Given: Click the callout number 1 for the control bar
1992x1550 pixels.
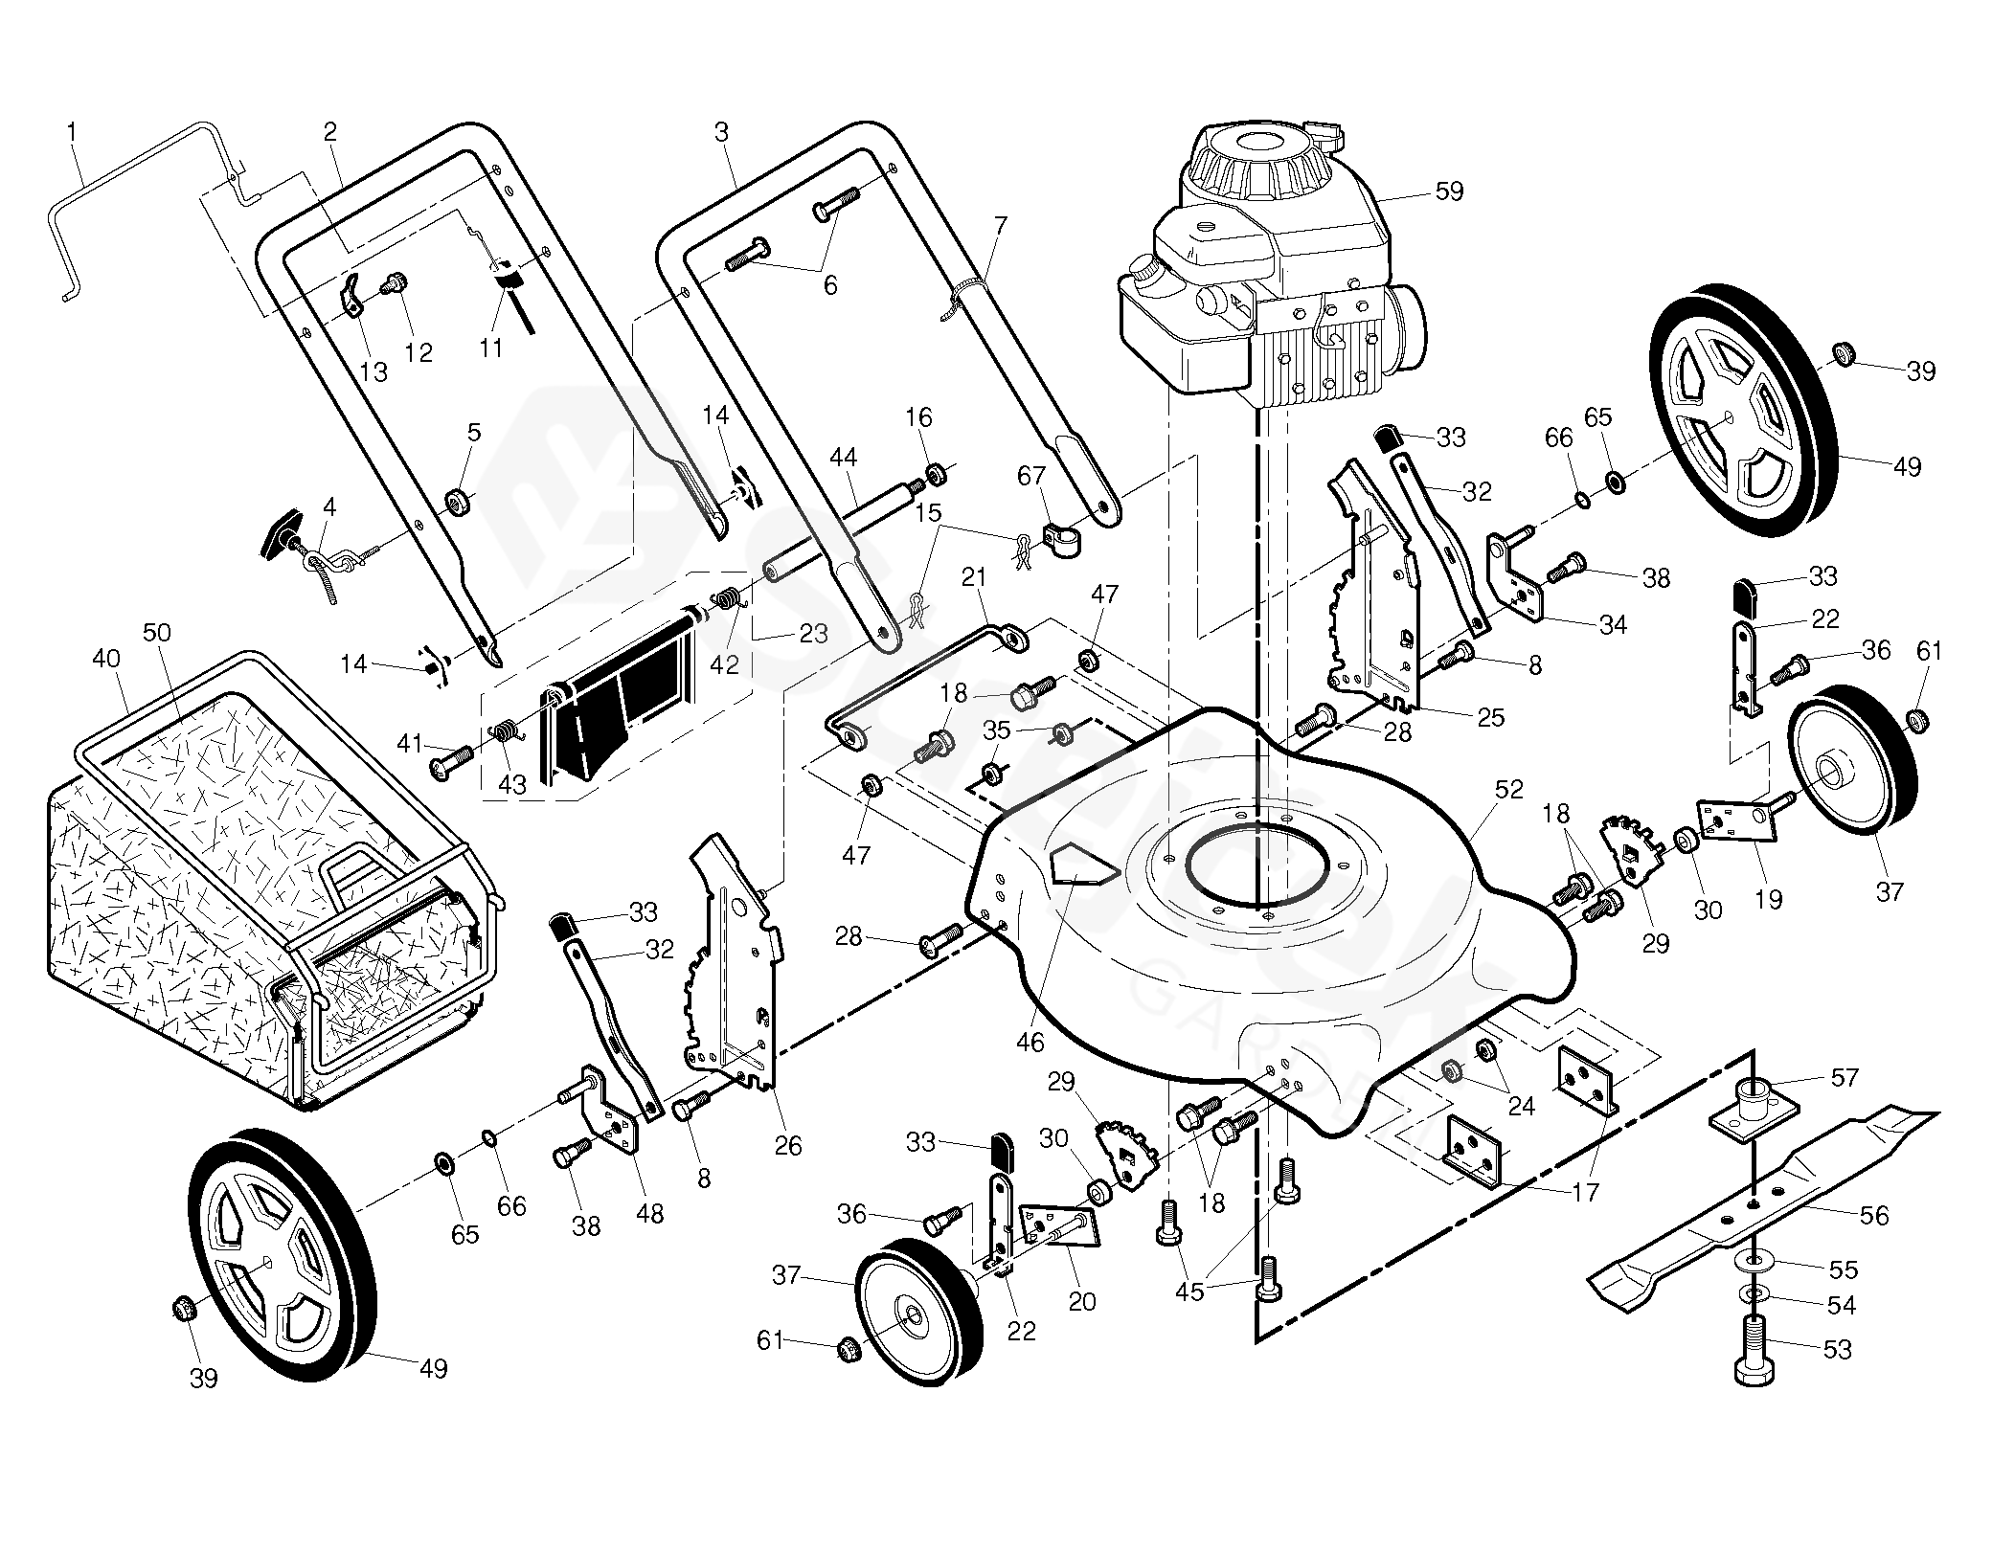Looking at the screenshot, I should pos(73,131).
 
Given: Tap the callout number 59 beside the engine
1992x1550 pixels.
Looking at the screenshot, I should pos(1450,191).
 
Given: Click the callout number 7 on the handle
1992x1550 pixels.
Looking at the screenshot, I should pos(1001,227).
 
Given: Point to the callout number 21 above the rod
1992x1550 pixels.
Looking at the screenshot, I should pos(974,604).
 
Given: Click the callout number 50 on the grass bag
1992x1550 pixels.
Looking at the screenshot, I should pos(156,633).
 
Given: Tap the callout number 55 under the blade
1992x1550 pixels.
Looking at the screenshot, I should pos(1843,1269).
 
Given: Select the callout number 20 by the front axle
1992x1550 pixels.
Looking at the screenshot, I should pos(1081,1301).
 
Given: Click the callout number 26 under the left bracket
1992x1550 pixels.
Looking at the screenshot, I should pos(788,1145).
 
